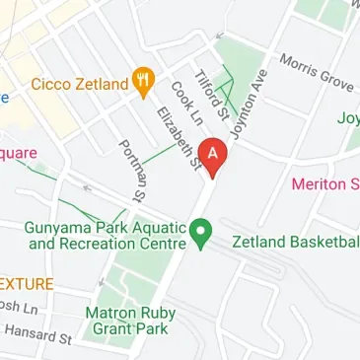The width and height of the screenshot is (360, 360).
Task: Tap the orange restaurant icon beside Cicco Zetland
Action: [144, 84]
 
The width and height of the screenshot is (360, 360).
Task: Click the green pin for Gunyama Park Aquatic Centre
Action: [202, 235]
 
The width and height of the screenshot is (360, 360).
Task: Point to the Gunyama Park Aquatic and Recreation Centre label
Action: [107, 235]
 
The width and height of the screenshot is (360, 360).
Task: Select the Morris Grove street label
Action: [316, 70]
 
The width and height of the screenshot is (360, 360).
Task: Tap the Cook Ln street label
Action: [181, 102]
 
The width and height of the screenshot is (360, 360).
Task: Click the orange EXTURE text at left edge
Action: [27, 281]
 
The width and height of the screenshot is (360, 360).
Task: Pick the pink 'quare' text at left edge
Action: [18, 154]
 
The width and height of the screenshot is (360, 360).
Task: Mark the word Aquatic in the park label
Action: [153, 226]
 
